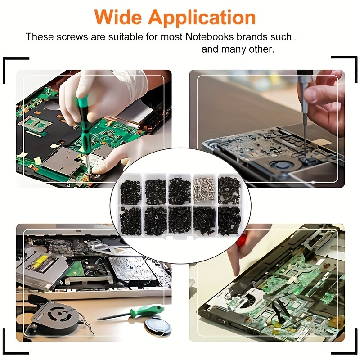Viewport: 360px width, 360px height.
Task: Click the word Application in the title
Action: [x=202, y=18]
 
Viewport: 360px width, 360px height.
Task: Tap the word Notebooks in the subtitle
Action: [x=208, y=37]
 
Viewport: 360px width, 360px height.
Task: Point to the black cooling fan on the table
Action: [x=54, y=317]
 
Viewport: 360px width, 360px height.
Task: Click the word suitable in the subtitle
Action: [x=126, y=37]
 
